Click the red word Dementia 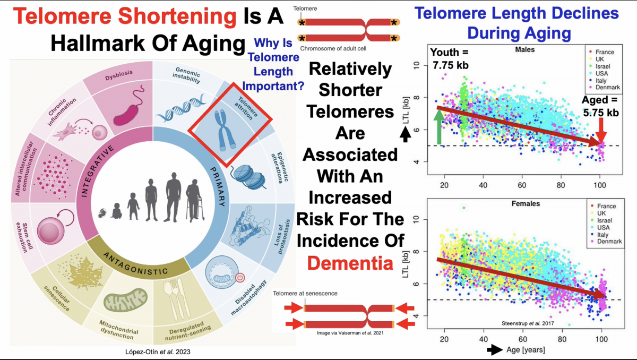click(350, 263)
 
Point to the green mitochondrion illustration click(125, 299)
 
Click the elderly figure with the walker click(194, 201)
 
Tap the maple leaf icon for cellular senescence click(84, 273)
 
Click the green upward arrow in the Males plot click(439, 126)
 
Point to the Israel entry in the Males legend click(600, 66)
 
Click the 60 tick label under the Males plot click(522, 185)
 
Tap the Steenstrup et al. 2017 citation click(528, 323)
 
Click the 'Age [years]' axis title click(526, 349)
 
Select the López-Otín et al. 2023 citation click(158, 352)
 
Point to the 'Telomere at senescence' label click(305, 293)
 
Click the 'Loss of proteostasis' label click(282, 237)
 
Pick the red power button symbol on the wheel click(240, 277)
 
